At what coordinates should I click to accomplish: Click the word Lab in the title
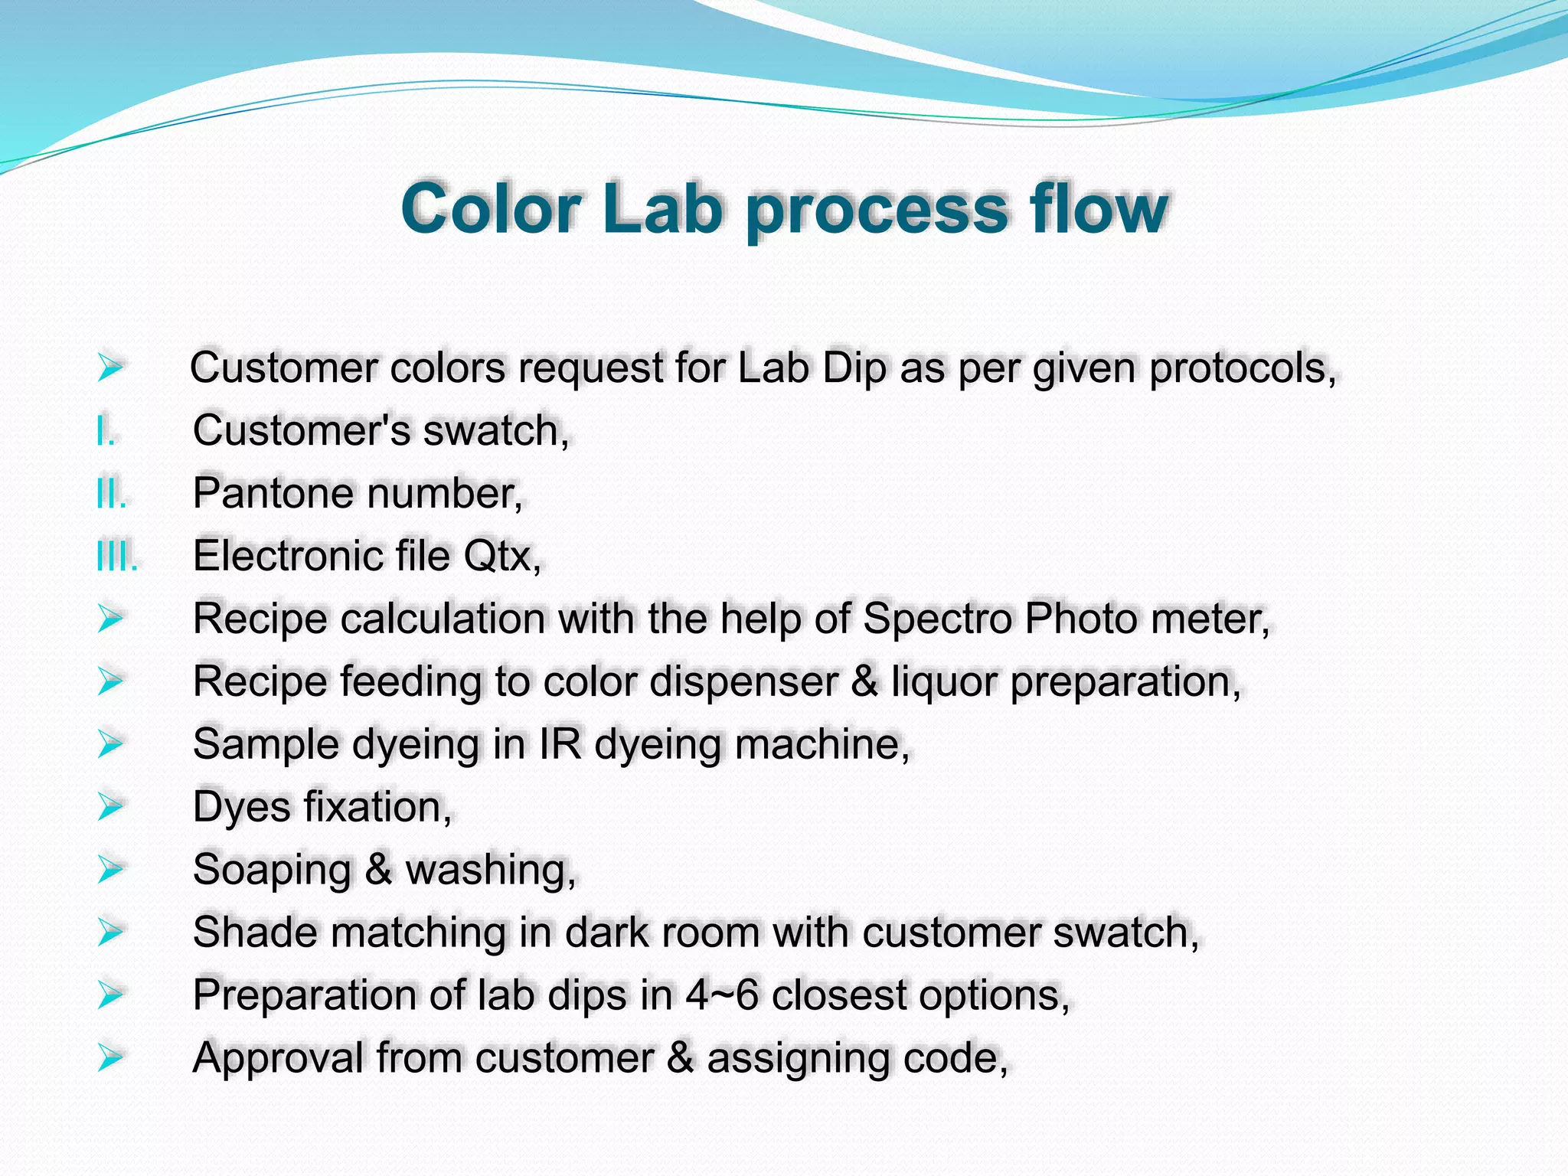662,208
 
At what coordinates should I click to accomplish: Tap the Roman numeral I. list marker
106,431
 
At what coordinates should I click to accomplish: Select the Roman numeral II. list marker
111,494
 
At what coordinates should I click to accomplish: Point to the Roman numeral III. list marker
117,557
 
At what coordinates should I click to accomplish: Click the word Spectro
937,619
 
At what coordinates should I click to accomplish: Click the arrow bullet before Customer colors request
110,367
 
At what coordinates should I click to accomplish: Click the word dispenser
743,681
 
